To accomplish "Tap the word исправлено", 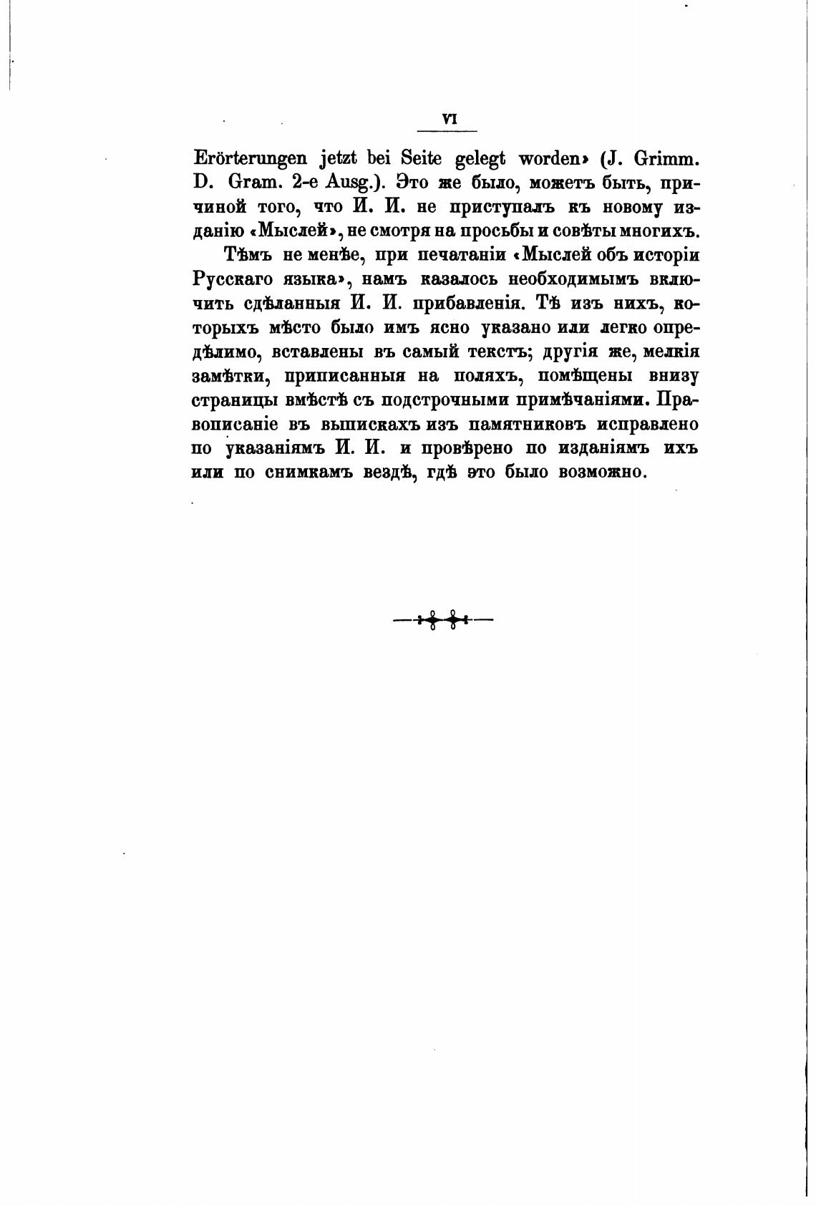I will [648, 424].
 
